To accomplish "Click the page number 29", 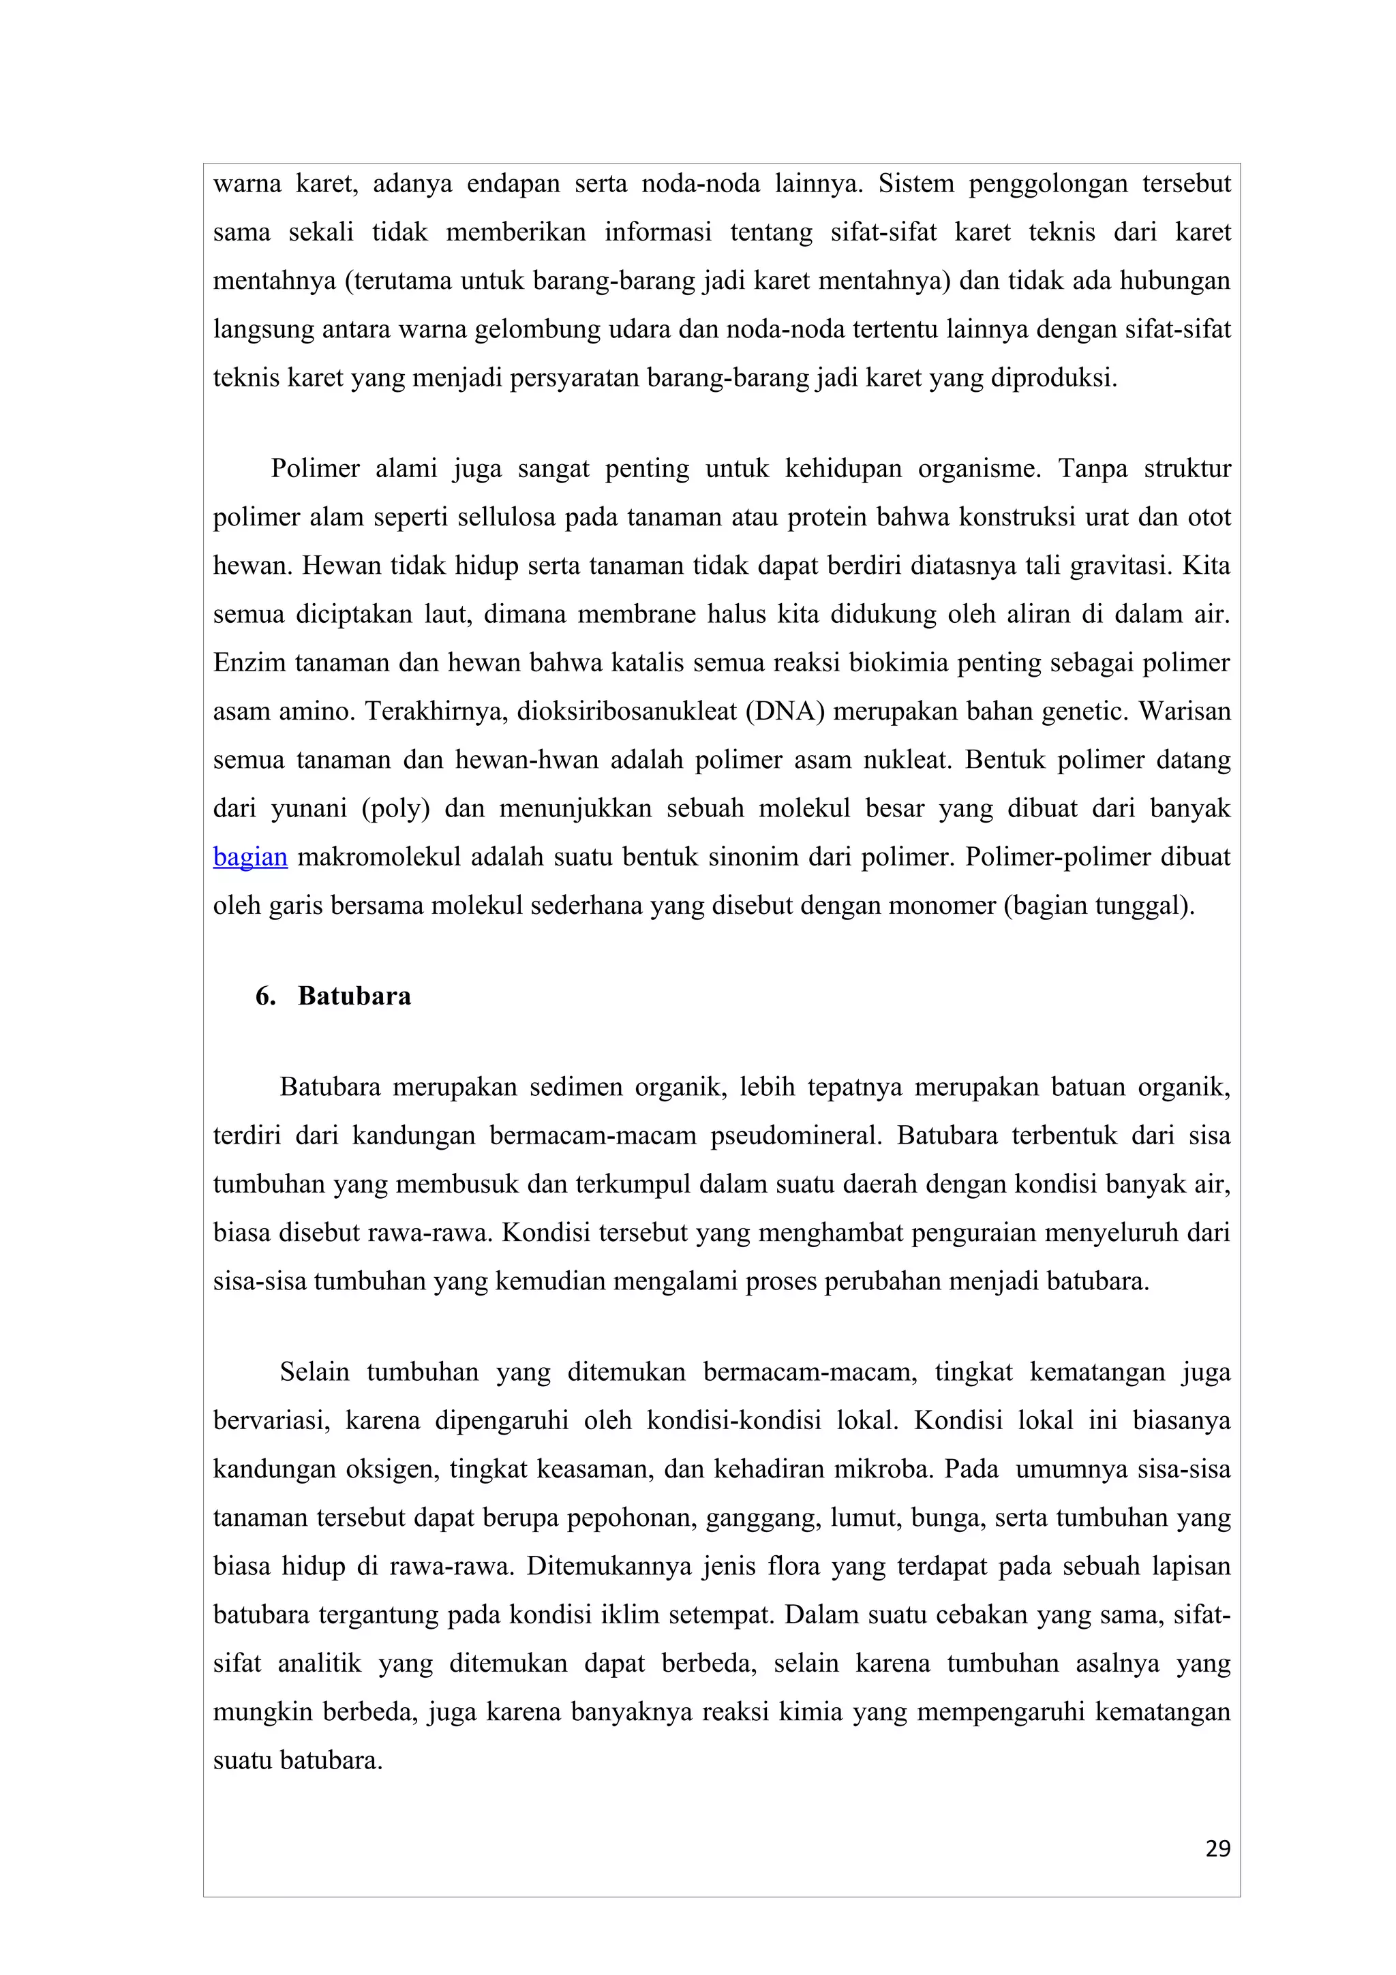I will [1218, 1848].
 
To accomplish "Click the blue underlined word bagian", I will [249, 857].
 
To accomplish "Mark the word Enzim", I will [249, 663].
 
